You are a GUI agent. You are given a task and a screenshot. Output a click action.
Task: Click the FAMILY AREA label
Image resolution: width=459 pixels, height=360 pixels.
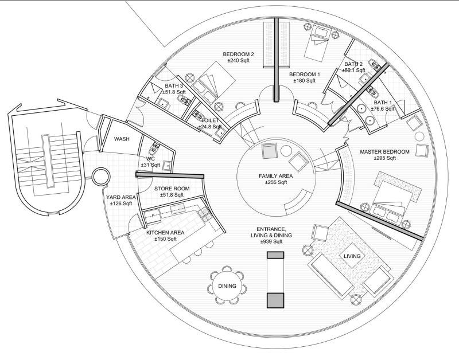pos(276,176)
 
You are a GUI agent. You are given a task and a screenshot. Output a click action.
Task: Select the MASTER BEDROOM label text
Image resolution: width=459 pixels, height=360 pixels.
pos(384,152)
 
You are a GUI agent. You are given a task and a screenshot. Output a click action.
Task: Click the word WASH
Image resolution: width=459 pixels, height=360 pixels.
pos(121,139)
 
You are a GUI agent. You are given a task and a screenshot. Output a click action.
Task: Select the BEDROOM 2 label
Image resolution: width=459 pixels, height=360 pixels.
pos(239,54)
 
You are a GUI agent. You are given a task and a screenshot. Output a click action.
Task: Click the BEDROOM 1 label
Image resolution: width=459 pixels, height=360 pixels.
pos(304,75)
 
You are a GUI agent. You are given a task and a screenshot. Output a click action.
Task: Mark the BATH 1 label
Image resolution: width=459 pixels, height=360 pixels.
pos(383,102)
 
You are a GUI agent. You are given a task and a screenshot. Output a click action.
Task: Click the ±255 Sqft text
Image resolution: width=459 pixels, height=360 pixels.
pos(275,183)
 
